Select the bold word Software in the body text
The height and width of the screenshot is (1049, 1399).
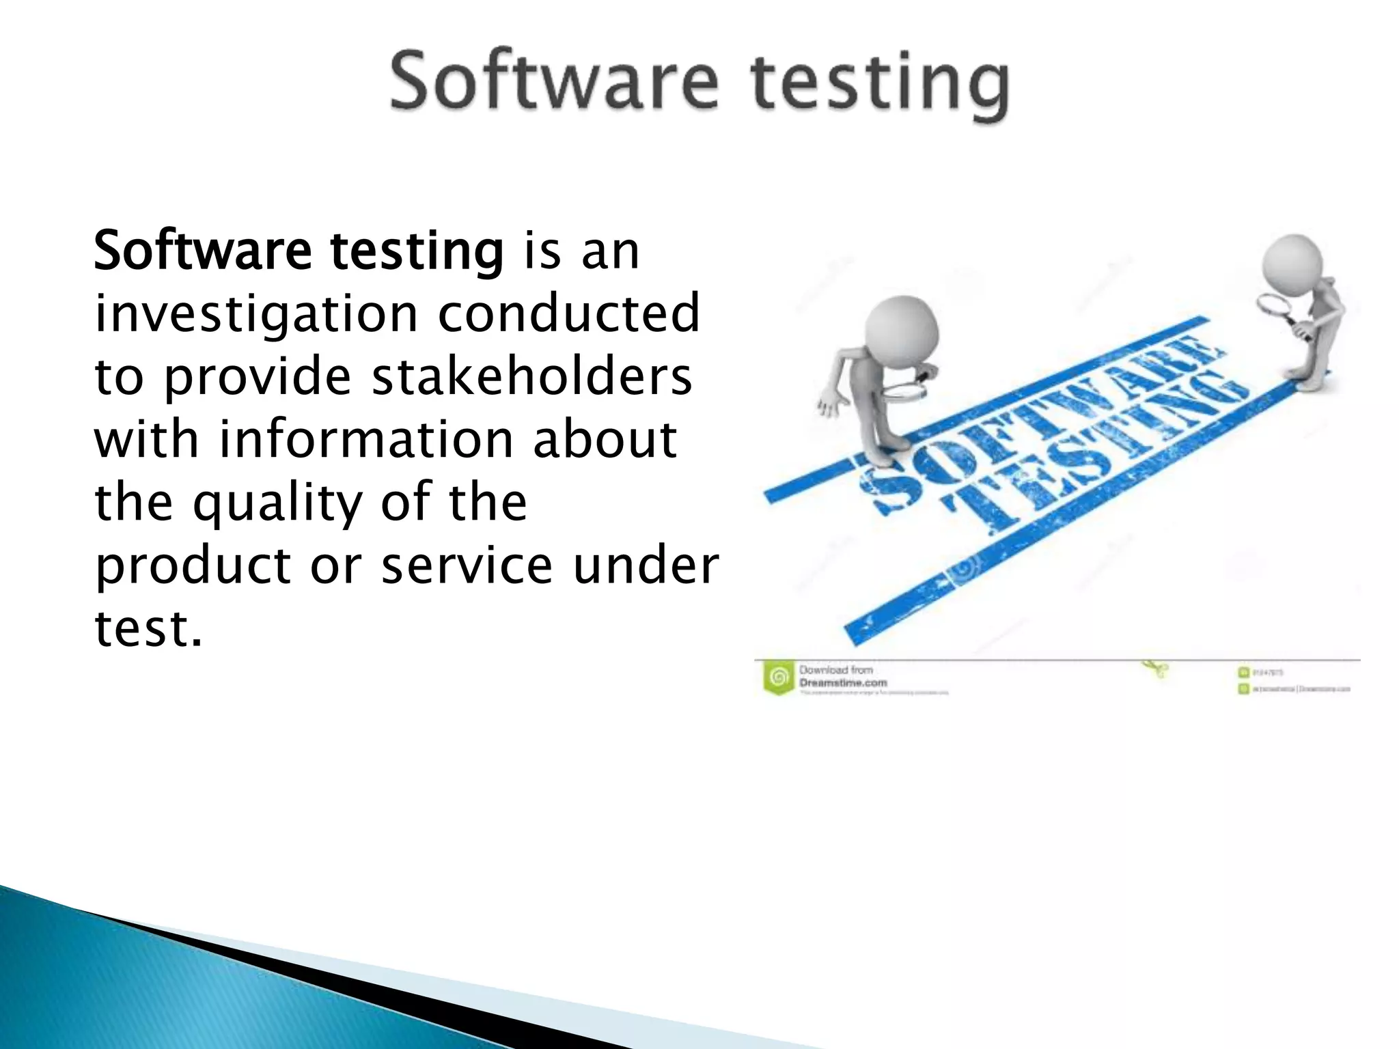coord(202,251)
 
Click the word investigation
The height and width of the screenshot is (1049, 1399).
coord(255,315)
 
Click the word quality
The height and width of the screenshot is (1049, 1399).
coord(277,504)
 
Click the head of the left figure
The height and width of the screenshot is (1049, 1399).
coord(901,331)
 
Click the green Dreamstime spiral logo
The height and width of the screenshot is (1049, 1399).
coord(777,677)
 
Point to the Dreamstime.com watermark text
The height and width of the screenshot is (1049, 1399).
coord(842,682)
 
